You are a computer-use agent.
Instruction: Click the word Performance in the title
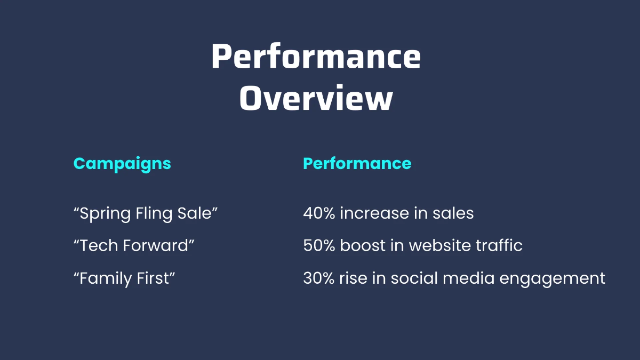point(316,58)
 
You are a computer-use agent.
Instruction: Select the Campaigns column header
point(122,164)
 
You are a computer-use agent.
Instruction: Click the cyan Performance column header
point(357,164)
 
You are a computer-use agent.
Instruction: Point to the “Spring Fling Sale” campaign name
point(146,214)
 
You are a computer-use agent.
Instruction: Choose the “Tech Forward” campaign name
point(134,246)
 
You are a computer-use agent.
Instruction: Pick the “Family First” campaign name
point(124,278)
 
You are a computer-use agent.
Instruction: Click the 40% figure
point(319,214)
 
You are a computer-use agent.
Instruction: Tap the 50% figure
point(319,246)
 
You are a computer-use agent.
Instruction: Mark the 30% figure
point(318,278)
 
